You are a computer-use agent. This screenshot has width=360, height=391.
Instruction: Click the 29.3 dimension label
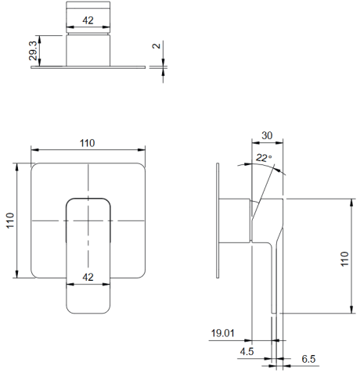click(34, 51)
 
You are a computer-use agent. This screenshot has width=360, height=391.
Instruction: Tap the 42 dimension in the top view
click(88, 20)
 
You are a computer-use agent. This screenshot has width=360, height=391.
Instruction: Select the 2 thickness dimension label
click(156, 46)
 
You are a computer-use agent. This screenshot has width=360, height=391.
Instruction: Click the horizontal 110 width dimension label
click(87, 143)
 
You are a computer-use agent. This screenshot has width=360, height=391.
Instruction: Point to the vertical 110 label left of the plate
click(10, 221)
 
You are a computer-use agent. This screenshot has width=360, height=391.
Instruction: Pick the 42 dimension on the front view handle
click(88, 277)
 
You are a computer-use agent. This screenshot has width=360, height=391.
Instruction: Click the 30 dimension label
click(267, 135)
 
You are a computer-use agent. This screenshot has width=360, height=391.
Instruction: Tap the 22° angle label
click(264, 158)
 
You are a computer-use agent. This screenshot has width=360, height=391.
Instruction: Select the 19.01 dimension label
click(222, 333)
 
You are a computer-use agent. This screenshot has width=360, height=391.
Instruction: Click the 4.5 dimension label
click(247, 352)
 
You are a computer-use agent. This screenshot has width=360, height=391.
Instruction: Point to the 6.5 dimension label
click(308, 359)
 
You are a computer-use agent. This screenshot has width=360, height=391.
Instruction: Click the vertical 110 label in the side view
click(344, 259)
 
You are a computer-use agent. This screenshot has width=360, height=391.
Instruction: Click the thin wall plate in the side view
click(218, 221)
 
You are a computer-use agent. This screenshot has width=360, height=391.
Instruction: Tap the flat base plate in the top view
click(88, 67)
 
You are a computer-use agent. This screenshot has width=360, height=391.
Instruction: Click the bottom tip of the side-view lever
click(274, 313)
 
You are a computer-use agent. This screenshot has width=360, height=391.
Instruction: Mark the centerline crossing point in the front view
click(88, 221)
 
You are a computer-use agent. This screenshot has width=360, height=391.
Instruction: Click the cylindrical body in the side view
click(235, 221)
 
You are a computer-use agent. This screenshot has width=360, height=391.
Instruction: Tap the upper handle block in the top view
click(88, 17)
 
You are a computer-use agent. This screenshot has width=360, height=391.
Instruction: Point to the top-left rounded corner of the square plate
click(34, 166)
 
